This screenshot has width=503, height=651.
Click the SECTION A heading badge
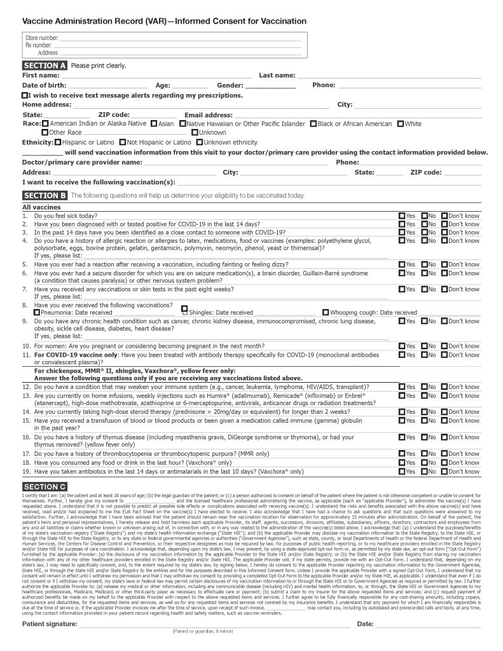click(x=45, y=65)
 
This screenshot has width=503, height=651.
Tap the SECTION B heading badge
click(x=45, y=195)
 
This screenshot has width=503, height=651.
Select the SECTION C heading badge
click(x=45, y=486)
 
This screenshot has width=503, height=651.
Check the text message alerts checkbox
click(x=25, y=95)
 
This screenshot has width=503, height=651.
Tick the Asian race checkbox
click(x=154, y=124)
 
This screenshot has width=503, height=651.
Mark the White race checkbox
click(x=401, y=124)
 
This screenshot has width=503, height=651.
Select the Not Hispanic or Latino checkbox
click(x=123, y=142)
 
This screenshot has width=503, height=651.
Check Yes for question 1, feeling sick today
click(x=402, y=216)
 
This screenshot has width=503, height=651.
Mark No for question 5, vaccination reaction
click(x=424, y=264)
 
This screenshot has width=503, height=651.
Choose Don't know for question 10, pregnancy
click(x=444, y=346)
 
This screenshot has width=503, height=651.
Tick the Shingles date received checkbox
click(x=184, y=310)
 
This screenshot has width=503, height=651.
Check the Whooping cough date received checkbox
click(x=326, y=313)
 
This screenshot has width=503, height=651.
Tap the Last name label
click(x=277, y=76)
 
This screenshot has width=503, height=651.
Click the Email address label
click(x=209, y=115)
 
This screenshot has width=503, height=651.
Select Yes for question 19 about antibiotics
click(x=402, y=472)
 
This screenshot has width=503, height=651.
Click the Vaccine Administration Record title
click(x=155, y=21)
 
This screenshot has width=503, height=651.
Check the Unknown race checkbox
click(x=195, y=133)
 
